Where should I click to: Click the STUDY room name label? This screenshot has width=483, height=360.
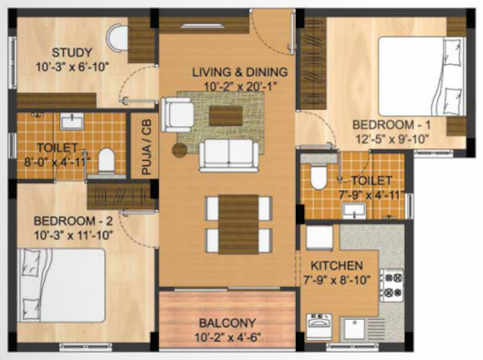click(x=69, y=51)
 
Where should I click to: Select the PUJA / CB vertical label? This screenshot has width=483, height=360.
click(x=144, y=150)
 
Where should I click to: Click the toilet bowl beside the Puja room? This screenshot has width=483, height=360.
click(x=106, y=160)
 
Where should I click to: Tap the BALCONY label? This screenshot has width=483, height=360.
click(x=227, y=321)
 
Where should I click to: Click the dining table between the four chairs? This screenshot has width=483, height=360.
click(x=239, y=224)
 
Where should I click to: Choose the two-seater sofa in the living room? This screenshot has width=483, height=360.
click(x=227, y=154)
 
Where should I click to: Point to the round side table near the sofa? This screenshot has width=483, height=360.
click(x=180, y=149)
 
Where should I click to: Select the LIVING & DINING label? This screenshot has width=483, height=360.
click(x=239, y=72)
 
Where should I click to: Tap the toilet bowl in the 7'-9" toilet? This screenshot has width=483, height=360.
click(x=320, y=175)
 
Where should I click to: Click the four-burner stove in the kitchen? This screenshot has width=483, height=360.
click(x=392, y=284)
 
